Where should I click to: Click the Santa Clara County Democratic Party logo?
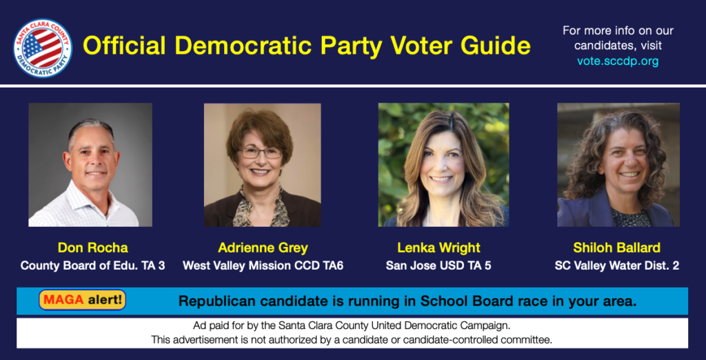click(x=42, y=48)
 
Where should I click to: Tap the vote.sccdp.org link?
click(x=618, y=61)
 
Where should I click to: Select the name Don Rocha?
click(x=93, y=248)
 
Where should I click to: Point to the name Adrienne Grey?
click(x=263, y=248)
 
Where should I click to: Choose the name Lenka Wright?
click(x=438, y=248)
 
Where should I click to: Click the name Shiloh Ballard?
click(x=617, y=248)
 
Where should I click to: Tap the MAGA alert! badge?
click(x=83, y=300)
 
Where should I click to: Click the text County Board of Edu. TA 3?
click(x=93, y=266)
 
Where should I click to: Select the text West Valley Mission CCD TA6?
click(x=263, y=266)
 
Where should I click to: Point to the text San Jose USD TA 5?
click(x=438, y=266)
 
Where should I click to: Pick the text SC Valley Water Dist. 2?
click(x=617, y=266)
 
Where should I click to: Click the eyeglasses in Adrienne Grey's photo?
click(x=261, y=152)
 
